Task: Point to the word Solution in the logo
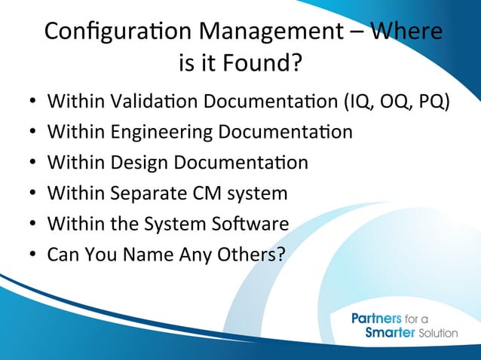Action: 438,333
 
